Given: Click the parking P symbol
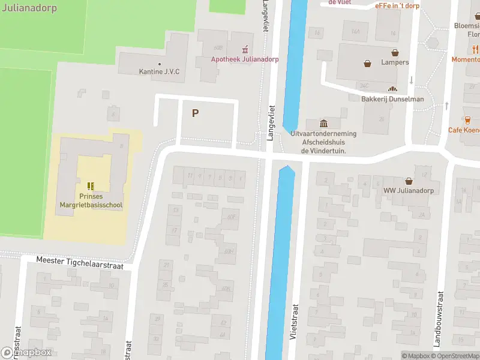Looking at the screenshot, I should (195, 113).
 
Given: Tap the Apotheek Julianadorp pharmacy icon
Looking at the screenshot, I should (244, 49).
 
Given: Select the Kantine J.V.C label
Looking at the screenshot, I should (159, 72).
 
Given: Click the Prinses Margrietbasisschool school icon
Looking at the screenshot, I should (91, 186).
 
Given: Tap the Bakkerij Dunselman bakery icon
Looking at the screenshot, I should (392, 89).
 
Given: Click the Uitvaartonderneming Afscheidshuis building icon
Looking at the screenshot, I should (324, 123).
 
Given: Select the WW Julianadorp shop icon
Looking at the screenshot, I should (409, 181).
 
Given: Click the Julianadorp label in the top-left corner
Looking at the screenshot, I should (28, 8).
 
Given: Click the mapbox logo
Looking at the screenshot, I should (26, 353).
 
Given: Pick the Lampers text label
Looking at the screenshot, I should (395, 62).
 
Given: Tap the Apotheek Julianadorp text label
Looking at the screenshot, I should (244, 59).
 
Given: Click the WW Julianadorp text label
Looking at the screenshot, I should (409, 191).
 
